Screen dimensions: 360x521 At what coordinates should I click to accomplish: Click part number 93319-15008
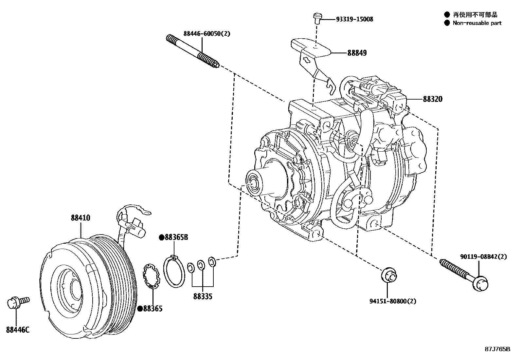coord(354,19)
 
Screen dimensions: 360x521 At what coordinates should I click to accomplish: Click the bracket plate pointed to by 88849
coord(311,49)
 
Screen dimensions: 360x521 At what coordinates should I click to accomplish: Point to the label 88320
coord(432,99)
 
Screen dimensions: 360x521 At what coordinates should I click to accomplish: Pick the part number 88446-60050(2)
coord(202,33)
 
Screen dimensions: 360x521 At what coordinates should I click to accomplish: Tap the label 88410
coord(81,218)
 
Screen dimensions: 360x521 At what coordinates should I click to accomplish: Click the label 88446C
coord(18,330)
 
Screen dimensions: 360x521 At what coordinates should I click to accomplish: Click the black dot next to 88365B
coord(161,237)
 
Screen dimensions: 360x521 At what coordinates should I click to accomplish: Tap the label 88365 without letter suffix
coord(153,309)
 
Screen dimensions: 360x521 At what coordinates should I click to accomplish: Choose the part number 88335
coord(203,296)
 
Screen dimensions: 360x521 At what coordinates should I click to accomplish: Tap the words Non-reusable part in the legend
coord(477,23)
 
